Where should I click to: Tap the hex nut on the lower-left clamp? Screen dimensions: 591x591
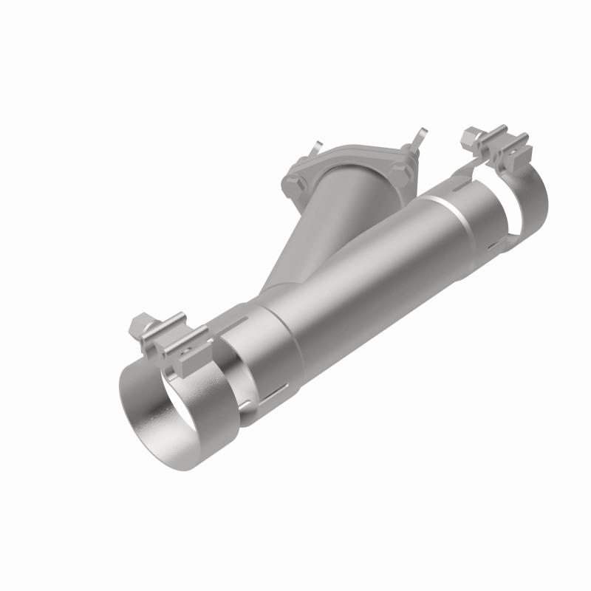coord(139,324)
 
